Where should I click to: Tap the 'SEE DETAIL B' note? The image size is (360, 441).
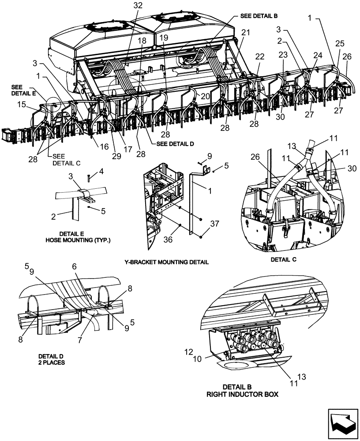(x=259, y=15)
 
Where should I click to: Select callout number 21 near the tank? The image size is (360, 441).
(x=245, y=33)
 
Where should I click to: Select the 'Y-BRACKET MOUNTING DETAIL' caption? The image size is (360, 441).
(x=166, y=262)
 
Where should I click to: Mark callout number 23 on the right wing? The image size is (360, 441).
(x=282, y=56)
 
